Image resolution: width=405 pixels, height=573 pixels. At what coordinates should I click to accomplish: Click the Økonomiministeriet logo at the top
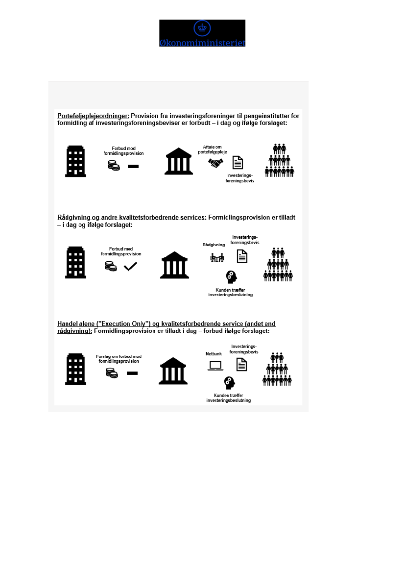[202, 33]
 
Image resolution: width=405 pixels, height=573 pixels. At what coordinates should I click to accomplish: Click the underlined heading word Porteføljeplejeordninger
[93, 116]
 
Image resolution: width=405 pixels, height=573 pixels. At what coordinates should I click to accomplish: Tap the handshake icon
[215, 163]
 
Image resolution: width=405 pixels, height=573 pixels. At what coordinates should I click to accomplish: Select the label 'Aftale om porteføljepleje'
[213, 149]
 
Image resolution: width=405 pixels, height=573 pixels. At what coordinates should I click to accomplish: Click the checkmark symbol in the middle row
[130, 267]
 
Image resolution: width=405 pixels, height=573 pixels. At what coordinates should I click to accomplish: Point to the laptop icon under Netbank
[215, 366]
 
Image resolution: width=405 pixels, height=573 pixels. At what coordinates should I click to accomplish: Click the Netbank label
[214, 353]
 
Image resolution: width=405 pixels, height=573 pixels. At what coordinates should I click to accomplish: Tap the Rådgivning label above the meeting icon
[214, 245]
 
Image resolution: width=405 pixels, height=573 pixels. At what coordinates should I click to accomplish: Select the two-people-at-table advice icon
[216, 257]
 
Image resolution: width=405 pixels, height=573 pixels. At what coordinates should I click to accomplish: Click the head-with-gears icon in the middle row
[231, 277]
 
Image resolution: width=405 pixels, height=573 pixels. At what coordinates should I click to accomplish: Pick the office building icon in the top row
[75, 161]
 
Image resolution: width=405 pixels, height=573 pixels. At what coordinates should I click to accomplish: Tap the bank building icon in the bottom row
[173, 371]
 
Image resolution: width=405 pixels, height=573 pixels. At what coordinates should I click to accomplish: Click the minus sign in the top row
[133, 167]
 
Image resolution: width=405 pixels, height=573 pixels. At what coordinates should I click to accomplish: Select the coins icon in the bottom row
[112, 373]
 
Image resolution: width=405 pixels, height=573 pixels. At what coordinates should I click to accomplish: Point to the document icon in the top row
[238, 163]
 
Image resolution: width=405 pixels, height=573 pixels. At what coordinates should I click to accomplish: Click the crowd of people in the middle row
[278, 264]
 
